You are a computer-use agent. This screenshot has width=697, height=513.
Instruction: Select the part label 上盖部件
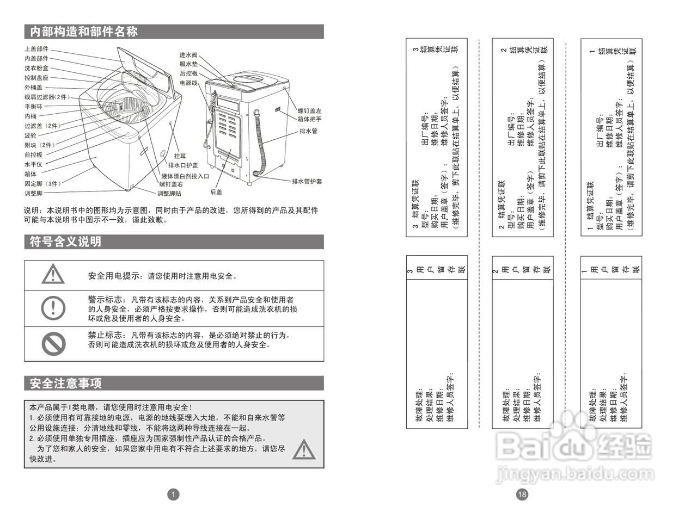36,49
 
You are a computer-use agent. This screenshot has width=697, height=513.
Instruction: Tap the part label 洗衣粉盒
36,68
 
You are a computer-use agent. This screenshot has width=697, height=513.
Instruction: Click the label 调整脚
33,194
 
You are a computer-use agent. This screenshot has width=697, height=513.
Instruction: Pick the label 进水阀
188,55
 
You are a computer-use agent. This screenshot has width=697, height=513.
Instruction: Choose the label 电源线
188,83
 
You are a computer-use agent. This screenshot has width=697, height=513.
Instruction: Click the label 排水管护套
307,181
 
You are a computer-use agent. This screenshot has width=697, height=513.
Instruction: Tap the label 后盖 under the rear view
216,192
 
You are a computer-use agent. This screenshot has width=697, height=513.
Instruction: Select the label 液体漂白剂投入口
185,176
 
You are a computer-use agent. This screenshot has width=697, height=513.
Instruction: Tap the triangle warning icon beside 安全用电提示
53,274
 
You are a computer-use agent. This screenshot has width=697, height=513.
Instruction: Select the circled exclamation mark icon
53,308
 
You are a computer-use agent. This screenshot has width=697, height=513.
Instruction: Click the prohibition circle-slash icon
53,343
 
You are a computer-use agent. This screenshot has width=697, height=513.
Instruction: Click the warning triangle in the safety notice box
303,449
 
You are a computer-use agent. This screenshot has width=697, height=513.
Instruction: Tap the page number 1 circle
173,494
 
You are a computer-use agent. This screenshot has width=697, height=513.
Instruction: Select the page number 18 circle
522,494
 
